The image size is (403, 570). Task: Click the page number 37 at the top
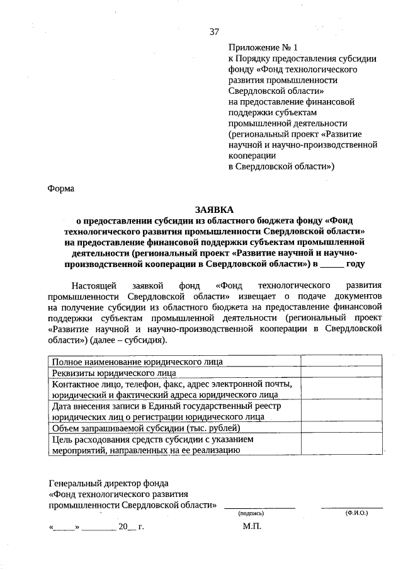[x=214, y=32]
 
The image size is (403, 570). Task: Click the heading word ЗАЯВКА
[x=214, y=209]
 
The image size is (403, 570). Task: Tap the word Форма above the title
[x=61, y=188]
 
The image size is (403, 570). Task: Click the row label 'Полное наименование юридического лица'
[x=137, y=362]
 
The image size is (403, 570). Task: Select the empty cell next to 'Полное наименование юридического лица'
[x=341, y=362]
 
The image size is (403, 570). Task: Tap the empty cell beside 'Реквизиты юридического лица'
[x=341, y=373]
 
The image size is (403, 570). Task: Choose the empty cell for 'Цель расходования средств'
[x=341, y=444]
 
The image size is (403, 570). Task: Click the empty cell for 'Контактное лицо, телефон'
[x=341, y=389]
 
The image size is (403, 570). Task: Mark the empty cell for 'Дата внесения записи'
[x=341, y=411]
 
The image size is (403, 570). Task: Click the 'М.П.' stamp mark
[x=251, y=526]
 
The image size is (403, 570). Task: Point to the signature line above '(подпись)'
[x=259, y=507]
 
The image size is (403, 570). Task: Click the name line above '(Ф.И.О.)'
[x=352, y=507]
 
